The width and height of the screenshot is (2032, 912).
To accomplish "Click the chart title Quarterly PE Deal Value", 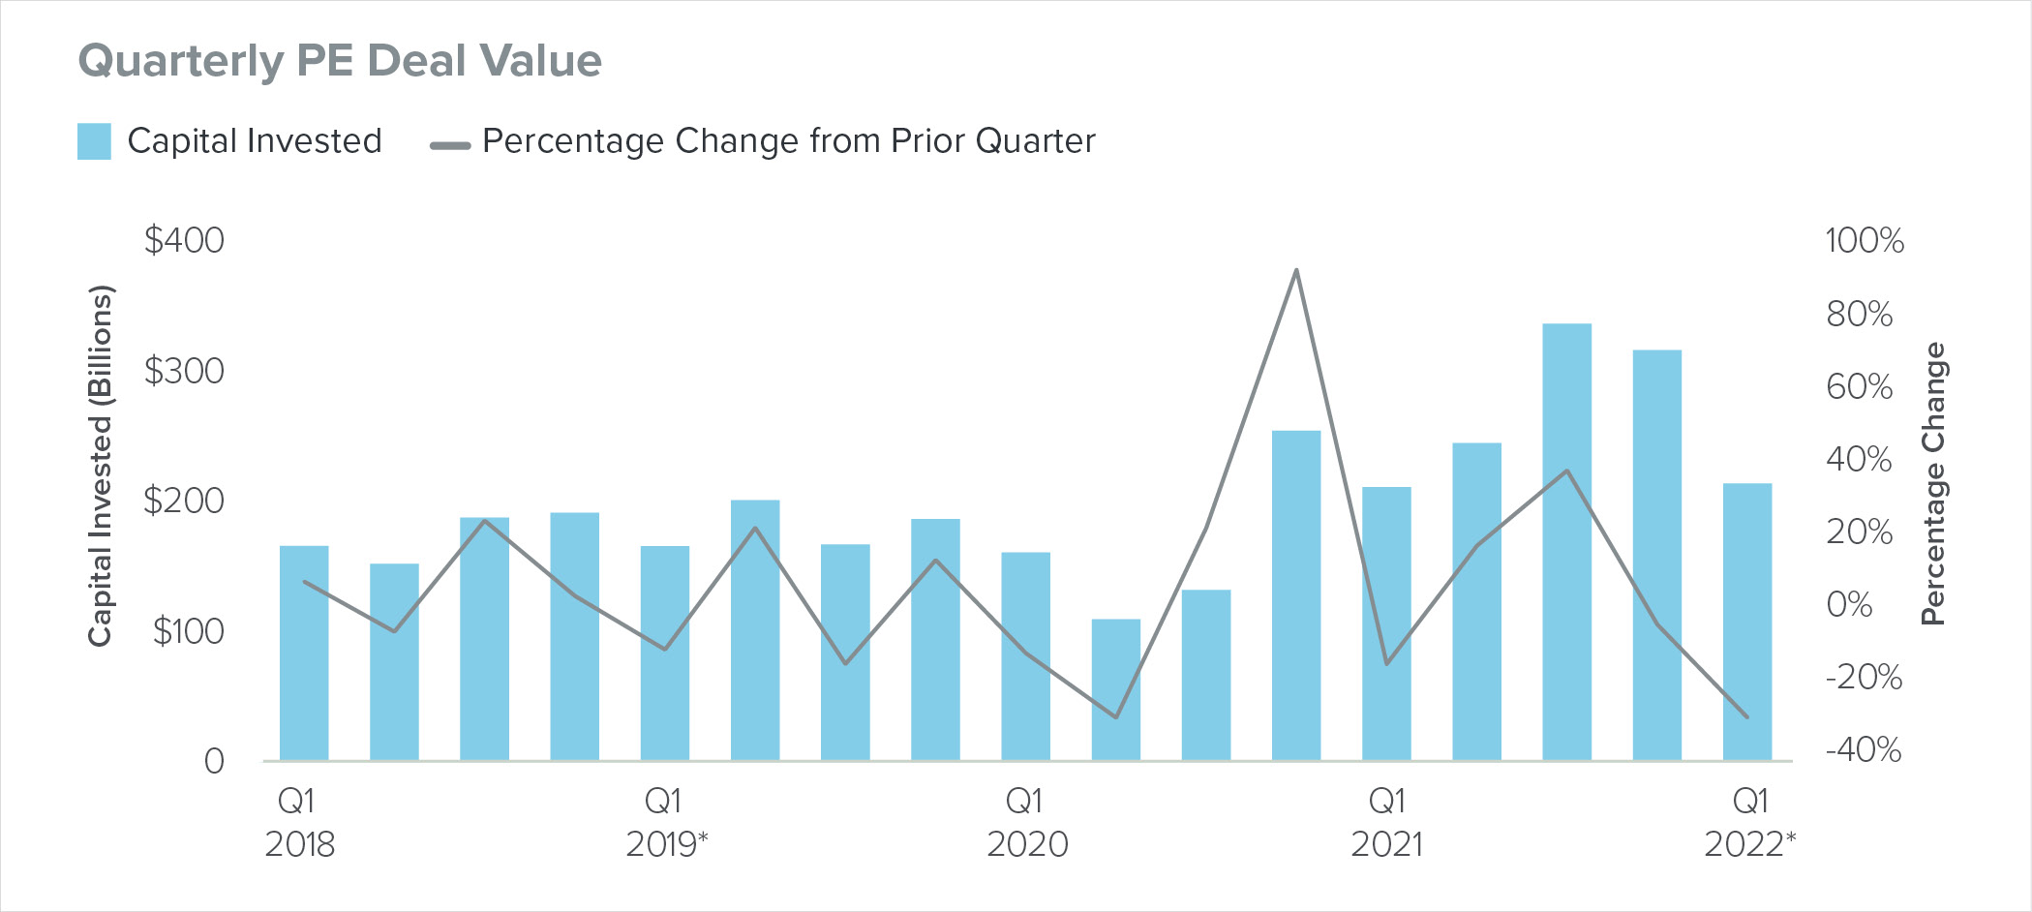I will click(340, 61).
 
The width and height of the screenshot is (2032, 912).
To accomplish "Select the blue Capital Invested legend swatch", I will click(94, 141).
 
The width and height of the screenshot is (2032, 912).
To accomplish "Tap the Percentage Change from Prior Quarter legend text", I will click(788, 141).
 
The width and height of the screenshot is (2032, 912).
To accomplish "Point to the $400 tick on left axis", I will click(184, 240).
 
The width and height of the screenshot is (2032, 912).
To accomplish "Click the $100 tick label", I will click(188, 631).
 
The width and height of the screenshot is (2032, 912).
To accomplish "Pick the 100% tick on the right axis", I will click(1864, 240).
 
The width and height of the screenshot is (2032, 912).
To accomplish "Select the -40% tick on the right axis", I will click(1863, 749).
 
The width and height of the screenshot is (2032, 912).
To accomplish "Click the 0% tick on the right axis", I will click(1849, 604).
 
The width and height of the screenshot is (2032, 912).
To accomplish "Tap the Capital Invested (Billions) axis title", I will click(101, 466).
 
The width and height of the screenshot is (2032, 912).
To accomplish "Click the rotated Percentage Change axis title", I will click(1933, 484).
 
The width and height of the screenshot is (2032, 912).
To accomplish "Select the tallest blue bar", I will click(1566, 542).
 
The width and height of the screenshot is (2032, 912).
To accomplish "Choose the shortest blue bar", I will click(1115, 689).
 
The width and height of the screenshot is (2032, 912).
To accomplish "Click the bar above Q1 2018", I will click(304, 654).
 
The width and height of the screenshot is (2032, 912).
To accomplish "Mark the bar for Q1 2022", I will click(1747, 622).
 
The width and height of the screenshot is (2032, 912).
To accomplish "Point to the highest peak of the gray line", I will click(1296, 270).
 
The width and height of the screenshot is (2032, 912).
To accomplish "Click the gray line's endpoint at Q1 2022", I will click(1747, 717).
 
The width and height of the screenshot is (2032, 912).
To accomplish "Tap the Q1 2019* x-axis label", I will click(665, 823).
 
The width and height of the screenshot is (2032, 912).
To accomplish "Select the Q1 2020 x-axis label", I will click(1026, 823).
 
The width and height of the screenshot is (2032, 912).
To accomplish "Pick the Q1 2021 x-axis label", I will click(1387, 823).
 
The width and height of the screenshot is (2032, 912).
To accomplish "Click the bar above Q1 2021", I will click(1386, 623).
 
